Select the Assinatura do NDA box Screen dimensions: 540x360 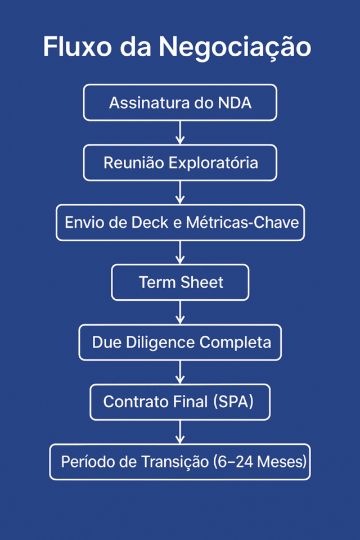[x=180, y=103]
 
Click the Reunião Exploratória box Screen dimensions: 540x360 [x=180, y=163]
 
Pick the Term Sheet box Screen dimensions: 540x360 [x=180, y=282]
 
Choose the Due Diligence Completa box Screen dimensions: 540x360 [x=180, y=342]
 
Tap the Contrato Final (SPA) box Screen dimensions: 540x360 [x=180, y=402]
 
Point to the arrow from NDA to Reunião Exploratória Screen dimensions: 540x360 [x=180, y=133]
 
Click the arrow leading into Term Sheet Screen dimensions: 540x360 [x=180, y=253]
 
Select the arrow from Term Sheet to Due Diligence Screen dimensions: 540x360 [x=180, y=312]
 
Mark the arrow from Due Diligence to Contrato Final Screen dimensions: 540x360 [x=180, y=372]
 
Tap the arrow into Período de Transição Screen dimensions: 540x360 [x=180, y=432]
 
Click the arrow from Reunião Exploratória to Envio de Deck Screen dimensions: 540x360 [x=180, y=192]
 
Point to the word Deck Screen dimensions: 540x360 [x=150, y=223]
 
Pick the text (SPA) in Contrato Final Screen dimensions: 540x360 [x=233, y=402]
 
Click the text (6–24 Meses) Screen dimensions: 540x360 [x=260, y=462]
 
